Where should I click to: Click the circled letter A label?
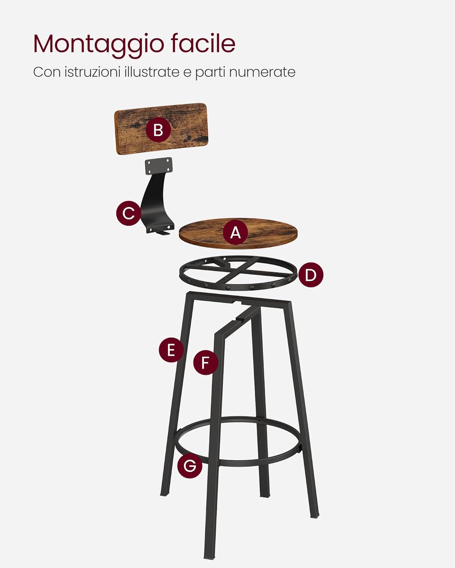point(235,232)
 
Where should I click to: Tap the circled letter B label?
point(158,130)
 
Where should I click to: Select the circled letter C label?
point(129,213)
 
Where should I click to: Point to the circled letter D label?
point(311,275)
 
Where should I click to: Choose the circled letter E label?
point(171,350)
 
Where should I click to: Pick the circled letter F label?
point(206,362)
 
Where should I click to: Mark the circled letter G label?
point(190,465)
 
